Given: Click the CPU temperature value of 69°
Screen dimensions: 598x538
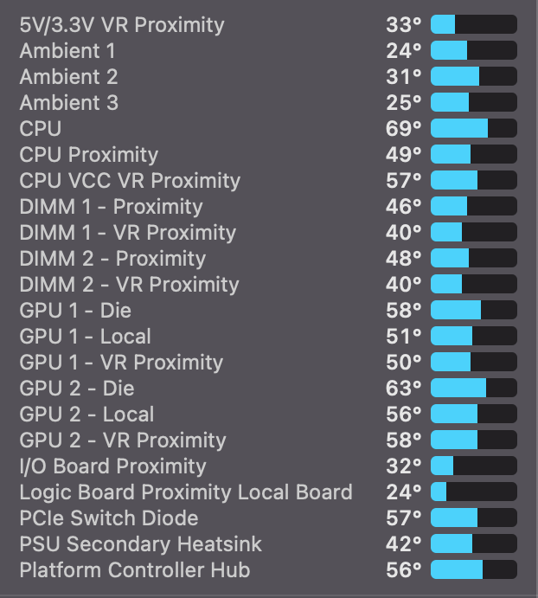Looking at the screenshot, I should [404, 129].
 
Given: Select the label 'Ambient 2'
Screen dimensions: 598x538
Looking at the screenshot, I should [68, 77].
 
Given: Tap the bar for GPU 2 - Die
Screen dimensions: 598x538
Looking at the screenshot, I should [473, 389].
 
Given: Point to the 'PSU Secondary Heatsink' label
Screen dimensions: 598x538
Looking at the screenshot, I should [140, 544].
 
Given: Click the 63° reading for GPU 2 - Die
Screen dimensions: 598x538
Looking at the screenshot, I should [404, 389].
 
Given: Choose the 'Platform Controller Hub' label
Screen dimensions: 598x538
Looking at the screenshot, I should [134, 570].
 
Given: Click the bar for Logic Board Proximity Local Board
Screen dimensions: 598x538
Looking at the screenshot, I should [473, 492].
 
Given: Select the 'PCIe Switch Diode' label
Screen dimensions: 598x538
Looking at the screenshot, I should [108, 518].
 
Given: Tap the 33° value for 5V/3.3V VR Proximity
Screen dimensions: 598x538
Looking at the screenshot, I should [404, 25].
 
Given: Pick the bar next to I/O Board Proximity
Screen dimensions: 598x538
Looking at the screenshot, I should [473, 466].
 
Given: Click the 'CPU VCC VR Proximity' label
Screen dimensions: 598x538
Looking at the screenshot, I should [130, 181].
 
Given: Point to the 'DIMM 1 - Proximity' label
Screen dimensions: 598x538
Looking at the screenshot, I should [111, 207].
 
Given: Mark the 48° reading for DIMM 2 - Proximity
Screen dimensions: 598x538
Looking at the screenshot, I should [404, 259].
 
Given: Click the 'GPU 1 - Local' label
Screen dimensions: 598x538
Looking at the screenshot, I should [85, 337].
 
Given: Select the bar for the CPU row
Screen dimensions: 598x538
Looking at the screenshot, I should [473, 129].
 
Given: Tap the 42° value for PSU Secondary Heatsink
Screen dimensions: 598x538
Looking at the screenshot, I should [404, 544].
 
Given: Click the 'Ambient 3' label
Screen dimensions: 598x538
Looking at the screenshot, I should [68, 103].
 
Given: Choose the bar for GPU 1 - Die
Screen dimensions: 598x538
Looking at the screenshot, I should [473, 311].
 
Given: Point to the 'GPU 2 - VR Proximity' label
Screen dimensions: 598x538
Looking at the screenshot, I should [123, 440].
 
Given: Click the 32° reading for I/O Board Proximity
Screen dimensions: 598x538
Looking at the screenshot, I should [404, 466].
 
